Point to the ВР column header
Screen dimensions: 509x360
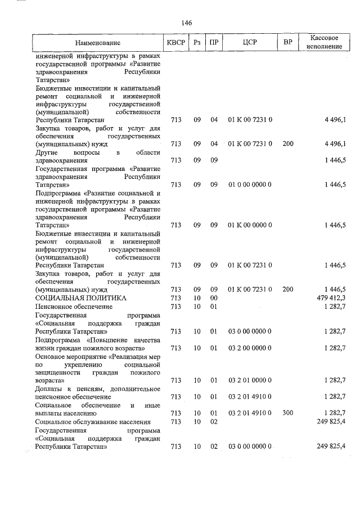[x=288, y=43]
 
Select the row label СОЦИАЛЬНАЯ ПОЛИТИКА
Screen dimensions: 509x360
[x=80, y=298]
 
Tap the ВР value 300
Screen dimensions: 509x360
[x=288, y=413]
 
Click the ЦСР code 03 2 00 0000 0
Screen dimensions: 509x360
[x=250, y=349]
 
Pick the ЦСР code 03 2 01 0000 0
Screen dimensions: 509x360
[x=250, y=381]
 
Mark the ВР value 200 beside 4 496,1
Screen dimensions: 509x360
[x=288, y=144]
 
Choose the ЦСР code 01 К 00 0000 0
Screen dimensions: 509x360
[x=250, y=225]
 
